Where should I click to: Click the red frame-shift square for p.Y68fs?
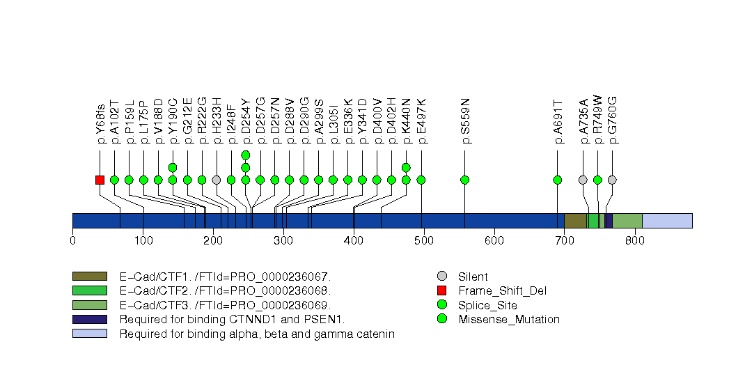[100, 180]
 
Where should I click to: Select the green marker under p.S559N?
[465, 180]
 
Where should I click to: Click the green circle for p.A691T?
[558, 180]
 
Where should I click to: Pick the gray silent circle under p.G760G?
[612, 180]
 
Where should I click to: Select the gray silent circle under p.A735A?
[583, 180]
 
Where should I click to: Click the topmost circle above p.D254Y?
[245, 155]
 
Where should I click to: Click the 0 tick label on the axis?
[72, 241]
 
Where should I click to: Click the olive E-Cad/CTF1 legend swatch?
[89, 277]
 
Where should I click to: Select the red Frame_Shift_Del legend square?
[441, 290]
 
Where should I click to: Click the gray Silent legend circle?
[441, 277]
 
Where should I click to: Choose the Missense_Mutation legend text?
[508, 320]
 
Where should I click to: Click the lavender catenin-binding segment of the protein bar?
[666, 220]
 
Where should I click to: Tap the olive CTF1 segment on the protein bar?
[575, 220]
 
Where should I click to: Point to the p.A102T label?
[115, 123]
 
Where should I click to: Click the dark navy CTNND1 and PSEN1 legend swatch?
[89, 320]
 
